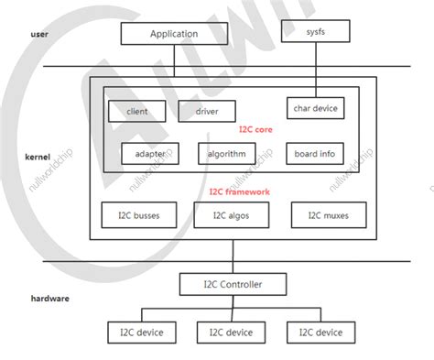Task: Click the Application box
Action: click(x=173, y=34)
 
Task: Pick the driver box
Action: click(x=207, y=112)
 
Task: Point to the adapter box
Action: click(x=149, y=154)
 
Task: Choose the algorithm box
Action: click(x=226, y=154)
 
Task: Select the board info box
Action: click(x=313, y=154)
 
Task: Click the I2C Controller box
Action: click(x=233, y=284)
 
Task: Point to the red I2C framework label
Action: click(x=241, y=191)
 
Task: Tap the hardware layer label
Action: click(x=49, y=298)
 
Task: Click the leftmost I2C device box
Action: click(x=134, y=333)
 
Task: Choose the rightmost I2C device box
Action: click(x=316, y=333)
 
